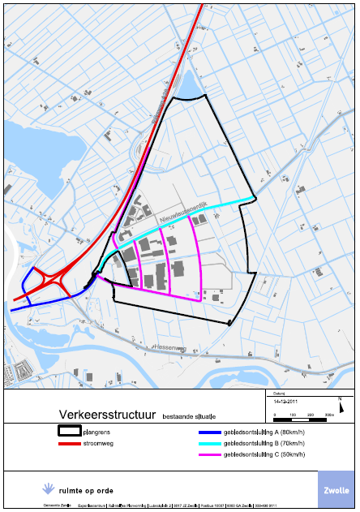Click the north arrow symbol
(x=341, y=400)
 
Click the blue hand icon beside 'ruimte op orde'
(x=48, y=489)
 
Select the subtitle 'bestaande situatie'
(x=189, y=416)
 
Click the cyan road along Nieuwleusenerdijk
(x=219, y=209)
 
